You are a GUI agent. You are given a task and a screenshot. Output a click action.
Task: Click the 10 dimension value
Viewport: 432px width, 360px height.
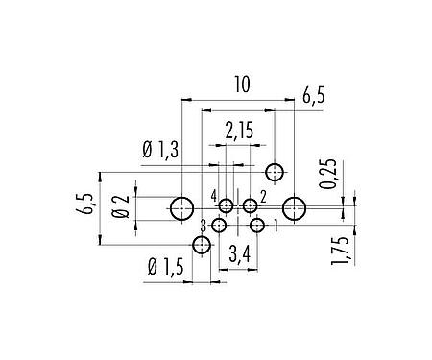point(241,85)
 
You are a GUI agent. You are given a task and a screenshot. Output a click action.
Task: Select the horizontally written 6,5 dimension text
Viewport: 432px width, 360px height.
point(313,96)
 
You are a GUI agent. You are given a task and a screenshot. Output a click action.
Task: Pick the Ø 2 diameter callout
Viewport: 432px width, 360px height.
point(120,206)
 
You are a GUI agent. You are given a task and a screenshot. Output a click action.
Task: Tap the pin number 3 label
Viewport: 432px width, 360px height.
point(204,225)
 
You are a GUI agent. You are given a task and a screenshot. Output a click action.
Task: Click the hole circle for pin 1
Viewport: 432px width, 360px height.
point(257,226)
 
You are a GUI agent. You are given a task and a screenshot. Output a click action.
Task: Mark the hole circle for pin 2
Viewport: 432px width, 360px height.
point(250,205)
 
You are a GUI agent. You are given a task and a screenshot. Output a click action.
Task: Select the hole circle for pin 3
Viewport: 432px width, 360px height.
point(220,226)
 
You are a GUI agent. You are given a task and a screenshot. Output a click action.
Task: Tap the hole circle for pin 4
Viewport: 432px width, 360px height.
point(227,205)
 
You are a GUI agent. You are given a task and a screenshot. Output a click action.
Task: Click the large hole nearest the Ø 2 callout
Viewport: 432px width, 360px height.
point(181,208)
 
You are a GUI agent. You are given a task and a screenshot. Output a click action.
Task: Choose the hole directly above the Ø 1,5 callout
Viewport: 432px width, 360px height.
point(201,246)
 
